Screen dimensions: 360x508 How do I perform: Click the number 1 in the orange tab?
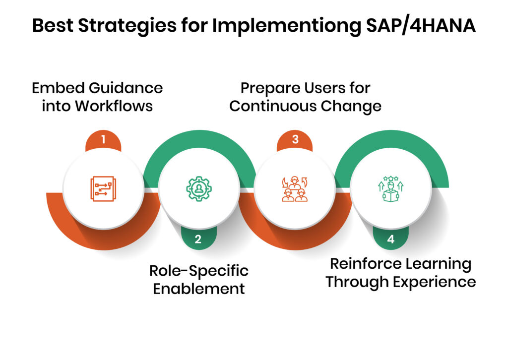point(103,140)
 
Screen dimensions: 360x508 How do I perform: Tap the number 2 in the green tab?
point(198,240)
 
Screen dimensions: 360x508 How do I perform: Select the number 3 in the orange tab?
point(295,140)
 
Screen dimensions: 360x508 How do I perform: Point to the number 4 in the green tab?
point(391,240)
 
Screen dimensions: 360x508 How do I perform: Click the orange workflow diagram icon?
point(103,189)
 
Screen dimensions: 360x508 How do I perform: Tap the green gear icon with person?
point(199,189)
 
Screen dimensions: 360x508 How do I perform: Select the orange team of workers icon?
point(295,189)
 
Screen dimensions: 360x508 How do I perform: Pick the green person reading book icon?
point(391,189)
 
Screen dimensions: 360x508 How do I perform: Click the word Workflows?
point(114,106)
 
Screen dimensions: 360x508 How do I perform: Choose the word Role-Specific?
point(199,271)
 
